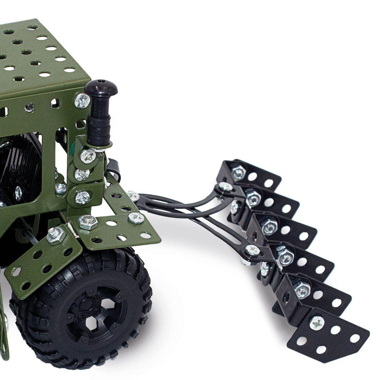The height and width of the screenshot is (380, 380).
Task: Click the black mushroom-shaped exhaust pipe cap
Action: (101, 89)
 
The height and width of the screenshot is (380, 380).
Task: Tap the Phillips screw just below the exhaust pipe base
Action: (88, 156)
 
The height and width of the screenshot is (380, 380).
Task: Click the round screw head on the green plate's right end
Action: (136, 218)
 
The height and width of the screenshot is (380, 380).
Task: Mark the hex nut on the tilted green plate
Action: (56, 236)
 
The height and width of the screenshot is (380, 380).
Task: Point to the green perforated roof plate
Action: (34, 57)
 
